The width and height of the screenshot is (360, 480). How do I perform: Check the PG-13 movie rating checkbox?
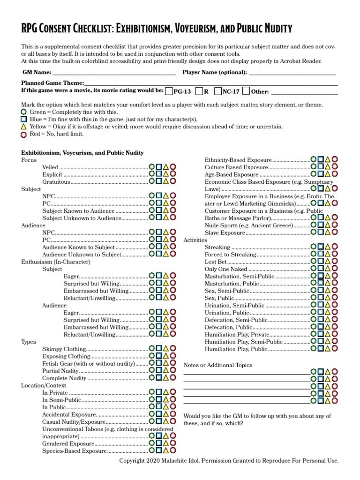pyautogui.click(x=169, y=91)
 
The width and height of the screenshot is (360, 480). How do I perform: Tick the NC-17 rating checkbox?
pyautogui.click(x=218, y=91)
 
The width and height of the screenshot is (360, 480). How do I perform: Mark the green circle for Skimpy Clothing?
pyautogui.click(x=152, y=349)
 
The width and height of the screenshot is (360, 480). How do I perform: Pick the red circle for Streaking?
pyautogui.click(x=335, y=247)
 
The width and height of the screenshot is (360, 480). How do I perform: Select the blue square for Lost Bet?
pyautogui.click(x=321, y=262)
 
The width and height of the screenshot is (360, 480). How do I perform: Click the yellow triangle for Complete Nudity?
pyautogui.click(x=166, y=378)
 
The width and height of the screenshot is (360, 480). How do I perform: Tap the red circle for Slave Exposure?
pyautogui.click(x=335, y=232)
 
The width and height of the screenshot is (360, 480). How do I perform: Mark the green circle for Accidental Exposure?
pyautogui.click(x=152, y=414)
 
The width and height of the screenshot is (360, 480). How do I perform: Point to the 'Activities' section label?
pyautogui.click(x=195, y=240)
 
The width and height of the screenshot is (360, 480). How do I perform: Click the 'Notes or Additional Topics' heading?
pyautogui.click(x=217, y=365)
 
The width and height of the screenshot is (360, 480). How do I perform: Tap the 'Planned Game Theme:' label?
pyautogui.click(x=53, y=83)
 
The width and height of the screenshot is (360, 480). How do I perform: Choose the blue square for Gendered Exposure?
pyautogui.click(x=159, y=443)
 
